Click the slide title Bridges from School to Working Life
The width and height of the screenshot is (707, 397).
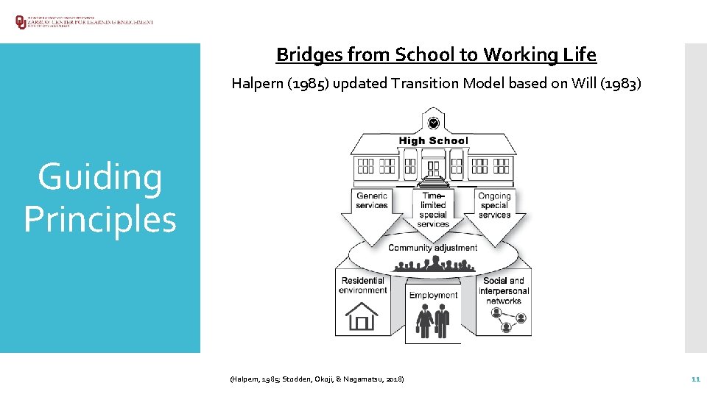436,54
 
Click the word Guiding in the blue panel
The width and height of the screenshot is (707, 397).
100,178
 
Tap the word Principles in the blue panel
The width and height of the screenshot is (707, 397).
100,219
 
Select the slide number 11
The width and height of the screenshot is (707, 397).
694,379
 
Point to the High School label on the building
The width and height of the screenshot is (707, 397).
433,140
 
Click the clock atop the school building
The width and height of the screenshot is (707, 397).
433,123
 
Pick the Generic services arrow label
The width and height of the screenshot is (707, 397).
372,201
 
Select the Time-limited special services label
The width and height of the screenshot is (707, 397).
433,210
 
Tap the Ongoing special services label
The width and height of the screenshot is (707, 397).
494,205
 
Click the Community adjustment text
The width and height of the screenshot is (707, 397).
432,248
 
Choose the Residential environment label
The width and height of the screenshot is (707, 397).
363,285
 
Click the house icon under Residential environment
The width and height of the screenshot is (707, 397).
362,316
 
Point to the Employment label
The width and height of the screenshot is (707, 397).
433,296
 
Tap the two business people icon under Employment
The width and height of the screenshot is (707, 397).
433,321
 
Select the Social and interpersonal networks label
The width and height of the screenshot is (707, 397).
504,290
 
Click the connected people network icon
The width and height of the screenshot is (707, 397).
509,318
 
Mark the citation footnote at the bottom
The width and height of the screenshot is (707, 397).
317,379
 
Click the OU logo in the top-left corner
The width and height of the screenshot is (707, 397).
20,22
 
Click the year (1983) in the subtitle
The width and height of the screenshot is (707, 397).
622,83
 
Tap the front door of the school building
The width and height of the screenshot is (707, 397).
433,168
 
